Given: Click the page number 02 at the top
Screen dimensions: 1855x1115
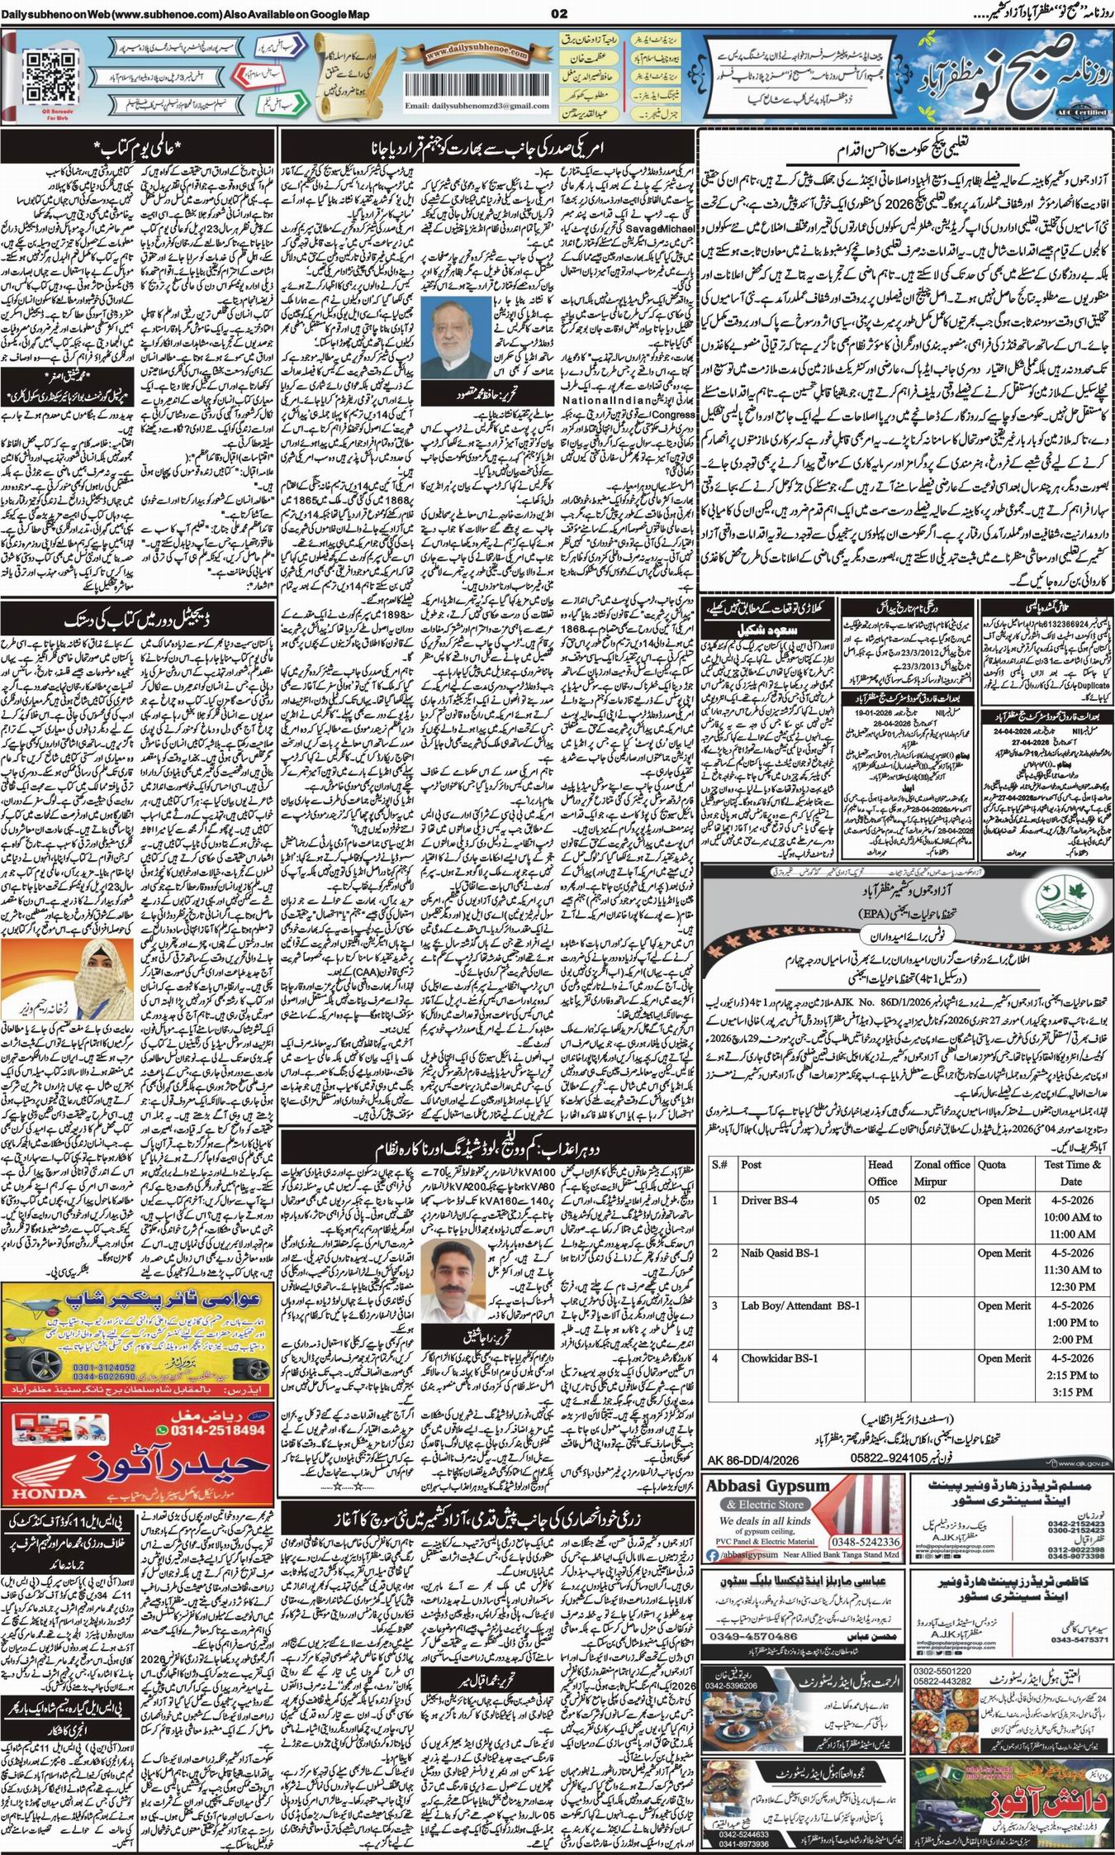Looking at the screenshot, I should (x=560, y=13).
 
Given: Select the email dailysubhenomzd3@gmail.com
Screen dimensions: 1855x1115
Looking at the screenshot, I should (x=477, y=107).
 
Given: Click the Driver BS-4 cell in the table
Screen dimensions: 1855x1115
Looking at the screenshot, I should (x=769, y=1200).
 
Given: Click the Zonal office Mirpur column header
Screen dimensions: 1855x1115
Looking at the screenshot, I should (x=941, y=1172).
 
